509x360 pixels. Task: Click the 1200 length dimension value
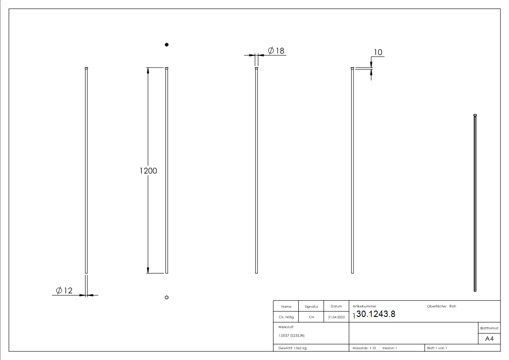click(x=148, y=171)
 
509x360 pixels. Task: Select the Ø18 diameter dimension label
click(x=276, y=50)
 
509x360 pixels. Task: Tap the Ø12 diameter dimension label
click(x=64, y=290)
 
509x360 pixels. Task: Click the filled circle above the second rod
click(x=167, y=44)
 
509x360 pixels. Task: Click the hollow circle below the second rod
click(x=167, y=297)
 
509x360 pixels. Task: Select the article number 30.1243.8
click(x=376, y=314)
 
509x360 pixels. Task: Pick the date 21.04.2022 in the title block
click(x=336, y=317)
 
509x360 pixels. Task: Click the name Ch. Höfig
click(x=286, y=317)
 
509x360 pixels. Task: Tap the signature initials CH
click(x=311, y=317)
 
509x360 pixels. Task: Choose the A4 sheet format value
click(x=489, y=339)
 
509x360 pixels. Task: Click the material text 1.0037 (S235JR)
click(x=291, y=335)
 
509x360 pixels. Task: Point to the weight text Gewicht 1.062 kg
click(x=292, y=348)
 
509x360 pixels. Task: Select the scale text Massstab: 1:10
click(x=364, y=348)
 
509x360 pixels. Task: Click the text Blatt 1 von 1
click(x=437, y=348)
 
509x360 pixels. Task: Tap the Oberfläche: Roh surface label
click(x=441, y=306)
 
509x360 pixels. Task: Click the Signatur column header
click(x=311, y=306)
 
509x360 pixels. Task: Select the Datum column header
click(x=336, y=306)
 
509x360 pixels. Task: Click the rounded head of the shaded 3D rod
click(x=475, y=115)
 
